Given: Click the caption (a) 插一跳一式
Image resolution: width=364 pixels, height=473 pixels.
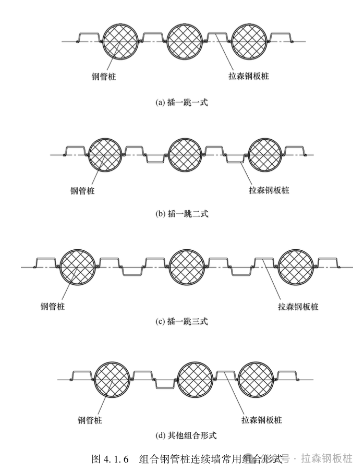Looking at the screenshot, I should click(182, 103).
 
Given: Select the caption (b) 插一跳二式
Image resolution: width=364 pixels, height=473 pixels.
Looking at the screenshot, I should click(182, 213).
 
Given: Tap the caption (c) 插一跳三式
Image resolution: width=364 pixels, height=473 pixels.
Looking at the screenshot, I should click(182, 321).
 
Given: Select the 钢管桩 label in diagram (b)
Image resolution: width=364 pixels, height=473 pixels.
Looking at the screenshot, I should click(85, 190).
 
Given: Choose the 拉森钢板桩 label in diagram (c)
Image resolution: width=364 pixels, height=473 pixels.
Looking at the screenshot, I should click(298, 306).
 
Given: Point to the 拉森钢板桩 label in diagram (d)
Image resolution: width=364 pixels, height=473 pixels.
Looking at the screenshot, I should click(261, 419).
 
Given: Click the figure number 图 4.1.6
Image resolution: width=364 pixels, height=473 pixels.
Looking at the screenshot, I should click(110, 459).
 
